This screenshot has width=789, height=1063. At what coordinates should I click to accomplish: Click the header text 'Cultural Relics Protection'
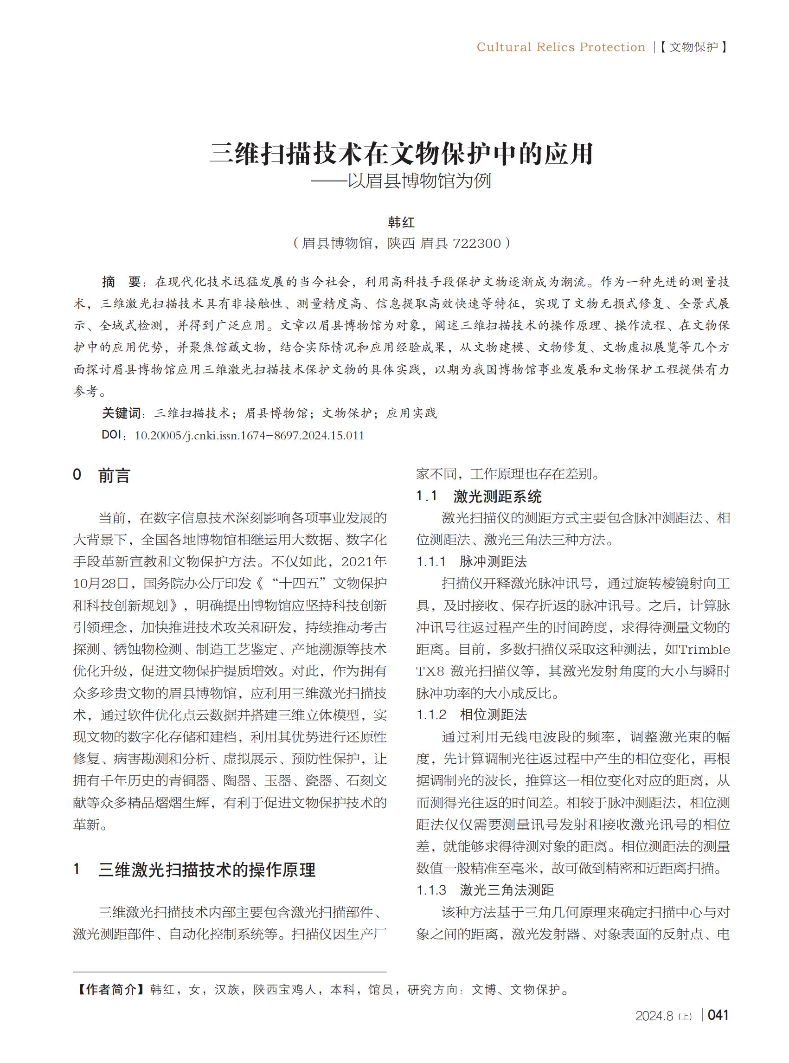pos(561,47)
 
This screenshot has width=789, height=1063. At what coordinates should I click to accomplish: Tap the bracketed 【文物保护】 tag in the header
pos(693,47)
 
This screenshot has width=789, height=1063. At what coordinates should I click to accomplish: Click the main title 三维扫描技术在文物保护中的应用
pos(401,154)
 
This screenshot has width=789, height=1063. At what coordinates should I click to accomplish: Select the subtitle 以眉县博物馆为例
pos(419,181)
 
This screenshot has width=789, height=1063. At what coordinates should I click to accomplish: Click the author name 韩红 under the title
pos(401,223)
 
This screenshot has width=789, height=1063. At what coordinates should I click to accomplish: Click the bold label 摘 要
pos(121,283)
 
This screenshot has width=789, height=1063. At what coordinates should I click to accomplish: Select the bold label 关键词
pos(122,413)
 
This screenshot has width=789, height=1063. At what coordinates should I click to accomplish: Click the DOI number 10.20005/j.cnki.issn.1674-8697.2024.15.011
pos(249,436)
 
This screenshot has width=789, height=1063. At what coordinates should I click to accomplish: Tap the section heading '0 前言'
pos(101,476)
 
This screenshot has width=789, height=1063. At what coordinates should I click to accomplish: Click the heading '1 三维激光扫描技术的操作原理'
pos(194,870)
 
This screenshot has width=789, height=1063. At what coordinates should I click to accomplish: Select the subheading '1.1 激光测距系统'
pos(479,496)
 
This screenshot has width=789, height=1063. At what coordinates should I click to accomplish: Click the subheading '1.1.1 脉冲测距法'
pos(471,561)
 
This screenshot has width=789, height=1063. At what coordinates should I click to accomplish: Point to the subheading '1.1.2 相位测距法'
pos(471,715)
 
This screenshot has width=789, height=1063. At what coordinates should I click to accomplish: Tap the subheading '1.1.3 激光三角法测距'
pos(485,890)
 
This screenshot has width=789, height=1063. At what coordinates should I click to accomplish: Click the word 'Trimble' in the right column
pos(704,650)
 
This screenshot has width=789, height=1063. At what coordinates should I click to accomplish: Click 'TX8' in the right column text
pos(430,671)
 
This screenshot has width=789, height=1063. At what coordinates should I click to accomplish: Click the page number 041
pos(718,1015)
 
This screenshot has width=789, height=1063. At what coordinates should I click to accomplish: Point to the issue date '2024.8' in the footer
pos(654,1016)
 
